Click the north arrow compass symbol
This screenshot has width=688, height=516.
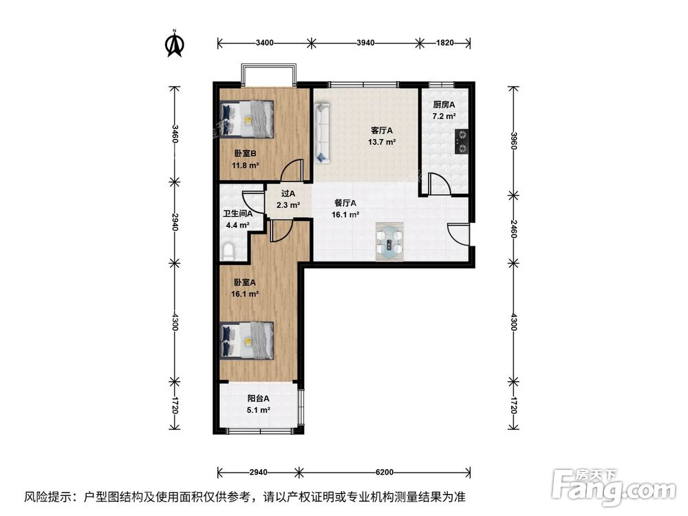[175, 43]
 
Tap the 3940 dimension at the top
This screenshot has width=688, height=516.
[365, 43]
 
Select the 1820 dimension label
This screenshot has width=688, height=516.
[445, 43]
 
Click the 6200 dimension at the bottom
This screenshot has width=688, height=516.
[385, 472]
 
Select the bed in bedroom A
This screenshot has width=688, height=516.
[247, 341]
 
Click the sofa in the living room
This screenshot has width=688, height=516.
[322, 133]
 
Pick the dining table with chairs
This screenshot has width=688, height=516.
[390, 242]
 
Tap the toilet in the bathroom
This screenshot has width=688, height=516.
[228, 250]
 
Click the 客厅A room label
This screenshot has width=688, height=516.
[382, 131]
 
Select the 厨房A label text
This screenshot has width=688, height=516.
[444, 105]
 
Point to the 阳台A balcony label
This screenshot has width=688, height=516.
[259, 398]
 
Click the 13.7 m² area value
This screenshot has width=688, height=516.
[382, 142]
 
